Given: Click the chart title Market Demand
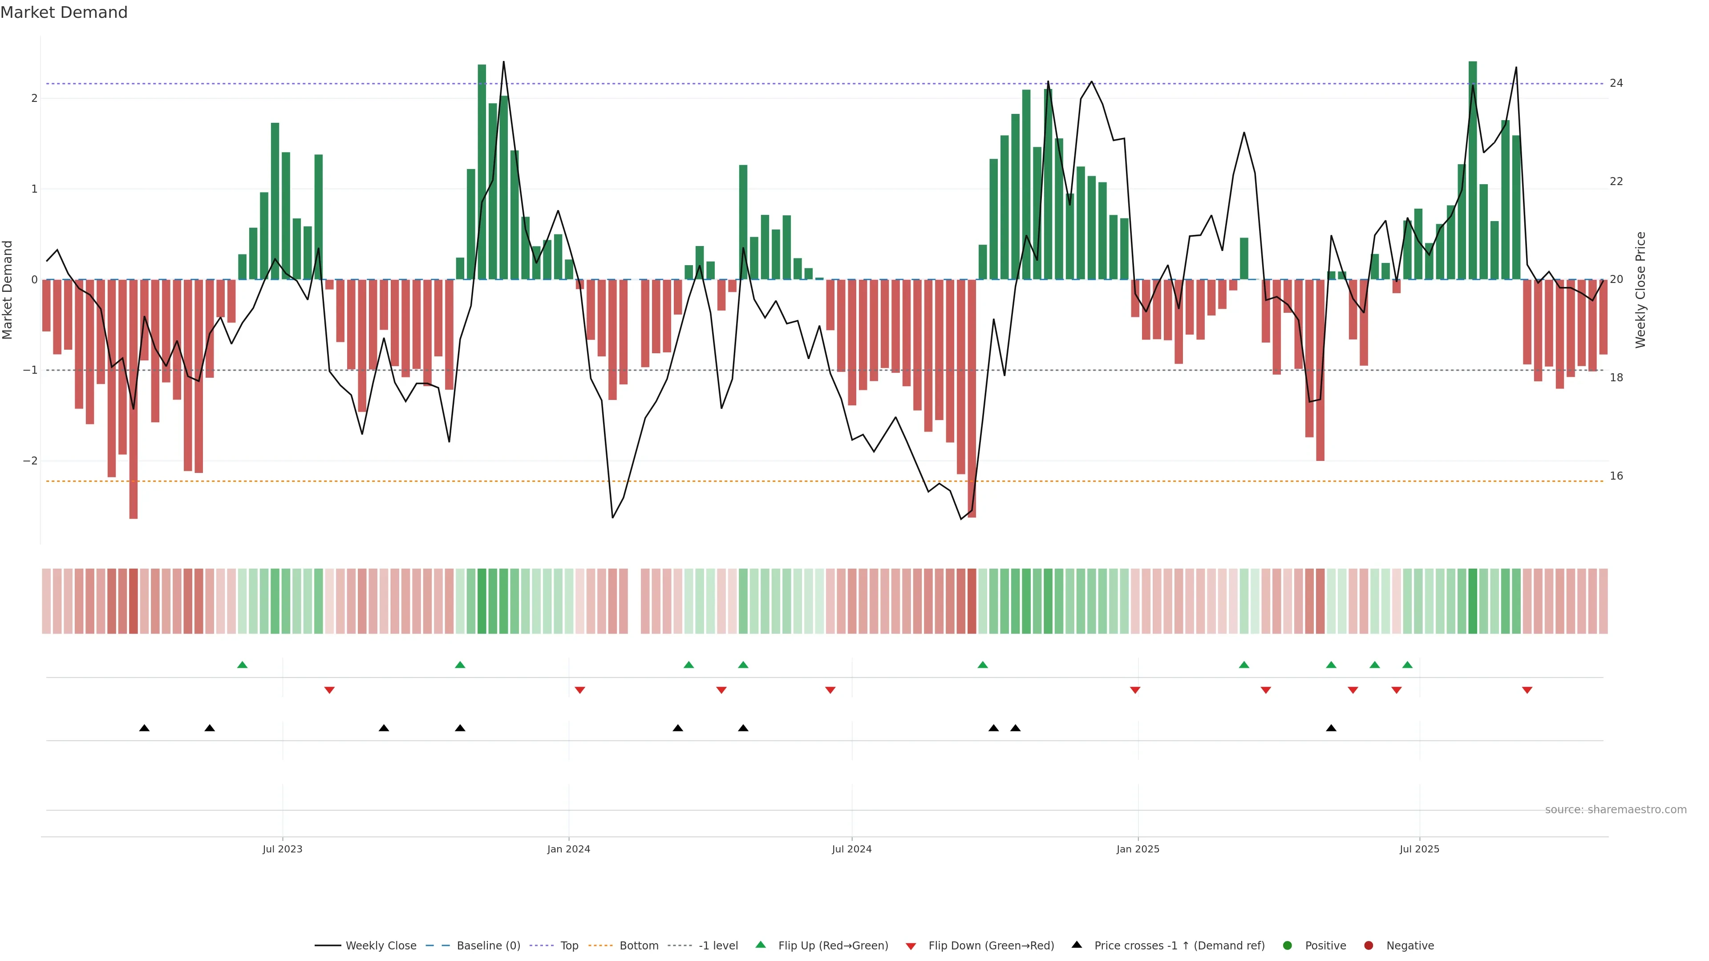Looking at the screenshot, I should tap(64, 12).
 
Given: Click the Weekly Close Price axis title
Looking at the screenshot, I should tap(1640, 290).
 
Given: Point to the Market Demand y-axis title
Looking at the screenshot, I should tap(8, 290).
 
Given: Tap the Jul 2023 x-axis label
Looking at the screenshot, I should tap(282, 849).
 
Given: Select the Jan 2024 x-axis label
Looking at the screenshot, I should tap(569, 849).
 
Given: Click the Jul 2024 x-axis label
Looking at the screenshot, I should tap(852, 849).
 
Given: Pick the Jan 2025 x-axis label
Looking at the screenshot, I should tap(1138, 849).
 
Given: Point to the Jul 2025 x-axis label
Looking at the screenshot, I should tap(1420, 849).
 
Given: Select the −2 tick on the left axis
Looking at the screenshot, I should tap(30, 461).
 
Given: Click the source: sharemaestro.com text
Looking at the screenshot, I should tap(1616, 810).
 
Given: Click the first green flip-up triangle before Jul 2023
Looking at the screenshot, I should tap(242, 665).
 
